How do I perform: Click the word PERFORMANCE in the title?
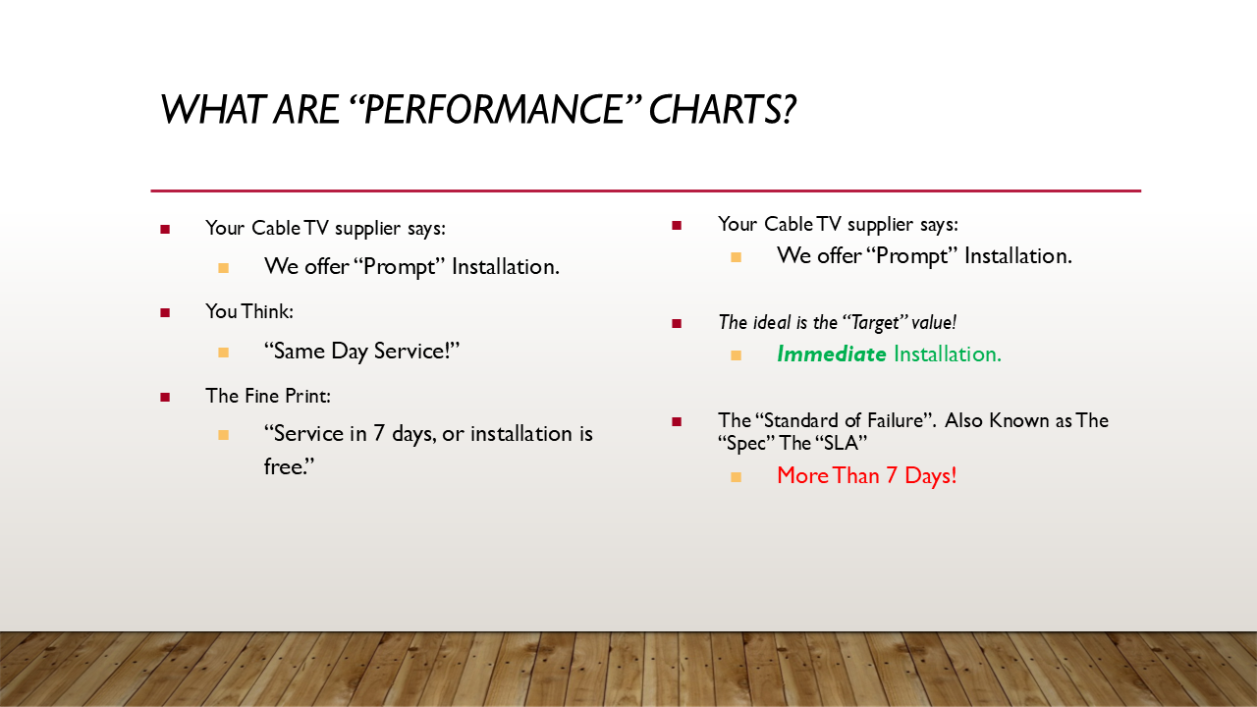coord(494,109)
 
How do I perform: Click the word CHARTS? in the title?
coord(722,109)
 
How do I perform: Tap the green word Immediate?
coord(831,354)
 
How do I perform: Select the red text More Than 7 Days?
coord(866,476)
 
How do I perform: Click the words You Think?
coord(249,311)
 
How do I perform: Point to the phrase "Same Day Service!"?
coord(361,352)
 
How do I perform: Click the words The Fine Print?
coord(268,396)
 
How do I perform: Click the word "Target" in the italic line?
coord(875,323)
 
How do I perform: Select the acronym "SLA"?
coord(841,443)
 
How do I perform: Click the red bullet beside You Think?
coord(165,312)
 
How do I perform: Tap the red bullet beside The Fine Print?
coord(165,398)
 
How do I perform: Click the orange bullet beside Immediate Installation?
coord(737,355)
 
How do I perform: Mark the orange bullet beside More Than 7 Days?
coord(737,477)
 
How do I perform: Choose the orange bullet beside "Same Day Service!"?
coord(223,353)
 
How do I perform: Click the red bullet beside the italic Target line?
coord(677,323)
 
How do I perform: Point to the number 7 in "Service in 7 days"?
coord(379,434)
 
